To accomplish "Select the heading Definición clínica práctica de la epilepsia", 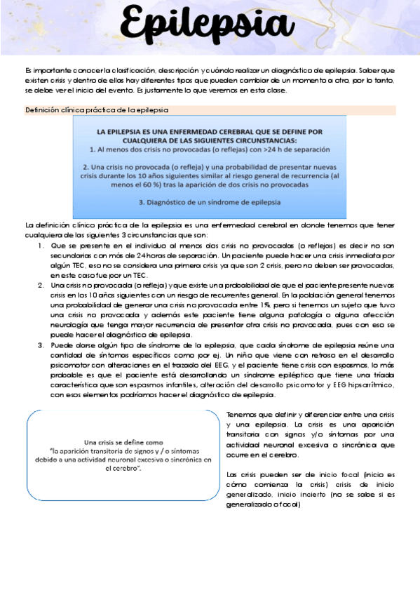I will [x=96, y=110].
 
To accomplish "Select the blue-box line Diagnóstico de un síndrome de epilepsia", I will [x=210, y=202].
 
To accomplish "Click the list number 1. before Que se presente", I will [x=41, y=246].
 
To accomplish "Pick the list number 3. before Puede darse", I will [x=41, y=345].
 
